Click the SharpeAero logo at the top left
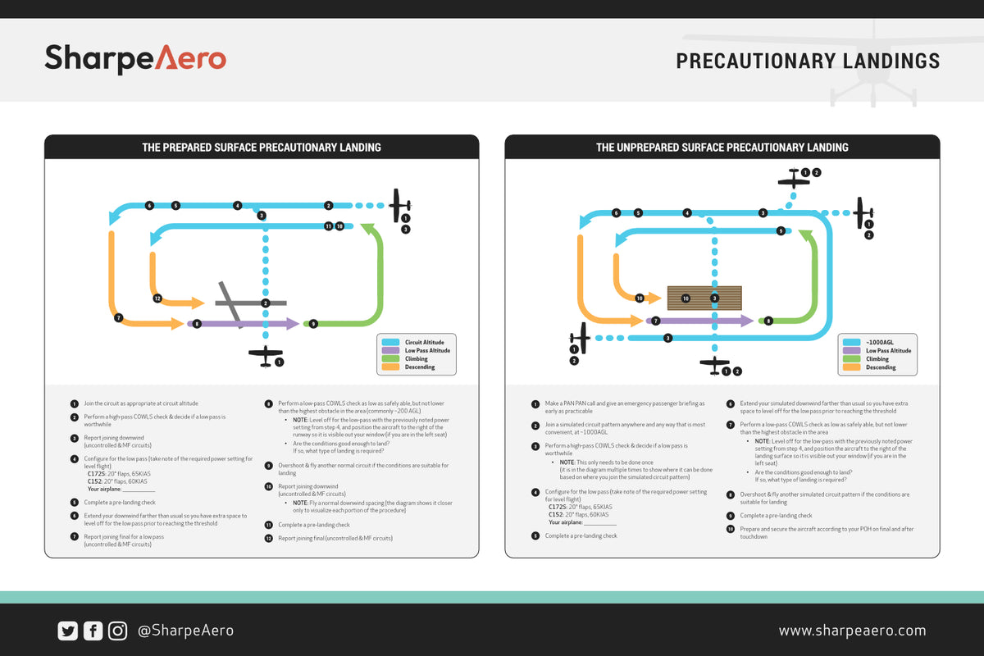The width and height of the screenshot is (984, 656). (135, 59)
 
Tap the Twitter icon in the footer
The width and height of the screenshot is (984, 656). (67, 631)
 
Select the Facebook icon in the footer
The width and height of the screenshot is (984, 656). (93, 631)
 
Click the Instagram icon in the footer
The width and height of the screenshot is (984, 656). (118, 631)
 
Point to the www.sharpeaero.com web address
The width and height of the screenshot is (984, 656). (852, 631)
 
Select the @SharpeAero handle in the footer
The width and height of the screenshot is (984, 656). (185, 631)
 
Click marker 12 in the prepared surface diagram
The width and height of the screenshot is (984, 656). (157, 298)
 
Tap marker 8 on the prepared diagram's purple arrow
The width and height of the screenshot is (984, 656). (197, 324)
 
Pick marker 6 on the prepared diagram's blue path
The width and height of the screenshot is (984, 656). (149, 205)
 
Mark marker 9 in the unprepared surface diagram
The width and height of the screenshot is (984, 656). (781, 231)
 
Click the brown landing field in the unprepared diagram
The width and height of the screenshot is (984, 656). (704, 298)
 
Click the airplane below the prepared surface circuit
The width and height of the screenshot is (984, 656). (265, 356)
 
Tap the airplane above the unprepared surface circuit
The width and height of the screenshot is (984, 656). (793, 178)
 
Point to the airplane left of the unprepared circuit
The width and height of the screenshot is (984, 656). (581, 338)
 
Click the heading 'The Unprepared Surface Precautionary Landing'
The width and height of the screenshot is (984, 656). (722, 148)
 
